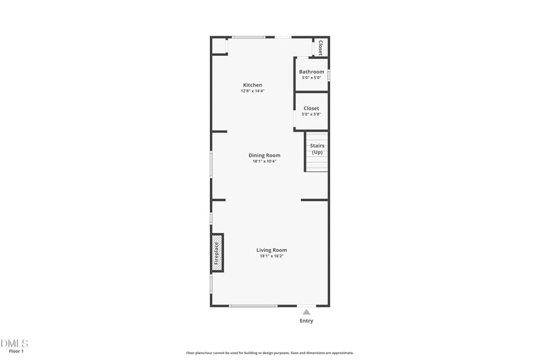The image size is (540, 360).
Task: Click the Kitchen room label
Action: pyautogui.click(x=252, y=85)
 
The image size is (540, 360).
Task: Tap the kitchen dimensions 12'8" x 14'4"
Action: pyautogui.click(x=252, y=91)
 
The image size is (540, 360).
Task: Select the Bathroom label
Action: pyautogui.click(x=311, y=72)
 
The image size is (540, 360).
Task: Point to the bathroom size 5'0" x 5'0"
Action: pyautogui.click(x=311, y=78)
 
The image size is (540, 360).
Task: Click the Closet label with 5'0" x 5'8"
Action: pyautogui.click(x=311, y=108)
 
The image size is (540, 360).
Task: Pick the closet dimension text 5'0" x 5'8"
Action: pyautogui.click(x=311, y=114)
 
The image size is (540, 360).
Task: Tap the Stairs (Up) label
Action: pyautogui.click(x=317, y=149)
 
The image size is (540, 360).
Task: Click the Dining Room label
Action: pyautogui.click(x=264, y=155)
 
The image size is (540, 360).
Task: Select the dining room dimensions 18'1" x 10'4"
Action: pyautogui.click(x=264, y=161)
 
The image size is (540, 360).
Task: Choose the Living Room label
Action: pyautogui.click(x=271, y=250)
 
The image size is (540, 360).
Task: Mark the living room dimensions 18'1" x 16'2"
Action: pyautogui.click(x=271, y=256)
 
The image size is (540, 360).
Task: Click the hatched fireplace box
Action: pyautogui.click(x=217, y=253)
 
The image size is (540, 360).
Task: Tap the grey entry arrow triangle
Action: pyautogui.click(x=306, y=311)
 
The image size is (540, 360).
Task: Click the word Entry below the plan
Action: pyautogui.click(x=306, y=321)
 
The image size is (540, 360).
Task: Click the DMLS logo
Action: pyautogui.click(x=15, y=343)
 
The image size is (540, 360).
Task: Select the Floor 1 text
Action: pyautogui.click(x=16, y=351)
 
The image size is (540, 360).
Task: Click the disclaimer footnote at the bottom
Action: pyautogui.click(x=270, y=353)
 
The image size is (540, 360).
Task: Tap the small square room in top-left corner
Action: pyautogui.click(x=219, y=46)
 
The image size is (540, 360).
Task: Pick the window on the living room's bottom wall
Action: pyautogui.click(x=253, y=306)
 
